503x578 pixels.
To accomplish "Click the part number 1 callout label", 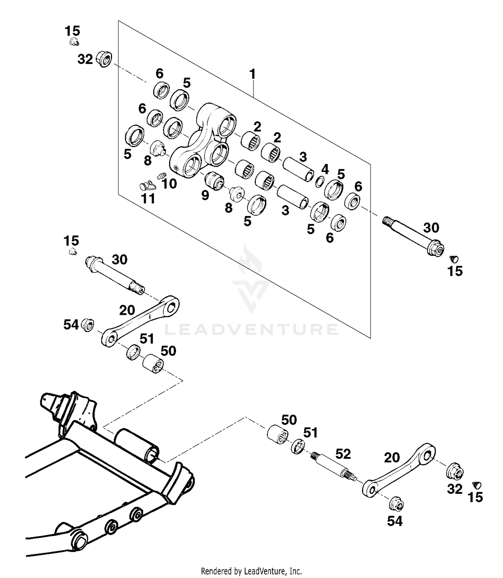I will point(253,74).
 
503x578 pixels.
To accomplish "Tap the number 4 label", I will point(325,170).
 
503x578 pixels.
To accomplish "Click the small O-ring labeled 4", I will point(320,182).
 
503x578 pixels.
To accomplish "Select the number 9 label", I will point(205,195).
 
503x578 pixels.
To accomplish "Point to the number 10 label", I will point(169,184).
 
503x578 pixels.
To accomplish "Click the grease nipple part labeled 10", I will point(161,175).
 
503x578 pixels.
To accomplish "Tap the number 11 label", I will point(148,199).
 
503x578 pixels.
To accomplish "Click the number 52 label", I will point(343,454).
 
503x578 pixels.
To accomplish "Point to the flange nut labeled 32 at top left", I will point(104,59).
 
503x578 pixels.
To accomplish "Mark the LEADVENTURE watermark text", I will point(251,329).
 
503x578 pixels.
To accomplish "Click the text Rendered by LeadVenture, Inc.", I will point(251,571).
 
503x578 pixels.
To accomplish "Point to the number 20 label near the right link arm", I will point(392,457).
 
